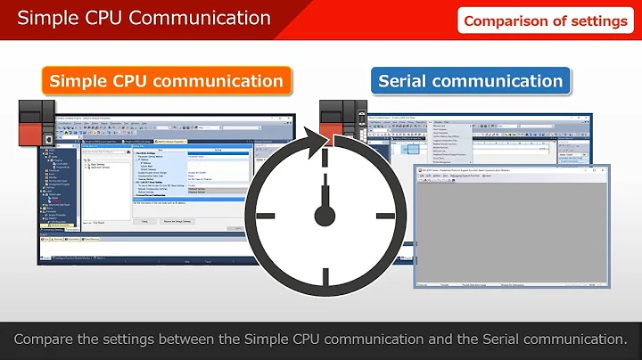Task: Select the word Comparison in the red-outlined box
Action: [x=506, y=20]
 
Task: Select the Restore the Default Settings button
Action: [x=184, y=221]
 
